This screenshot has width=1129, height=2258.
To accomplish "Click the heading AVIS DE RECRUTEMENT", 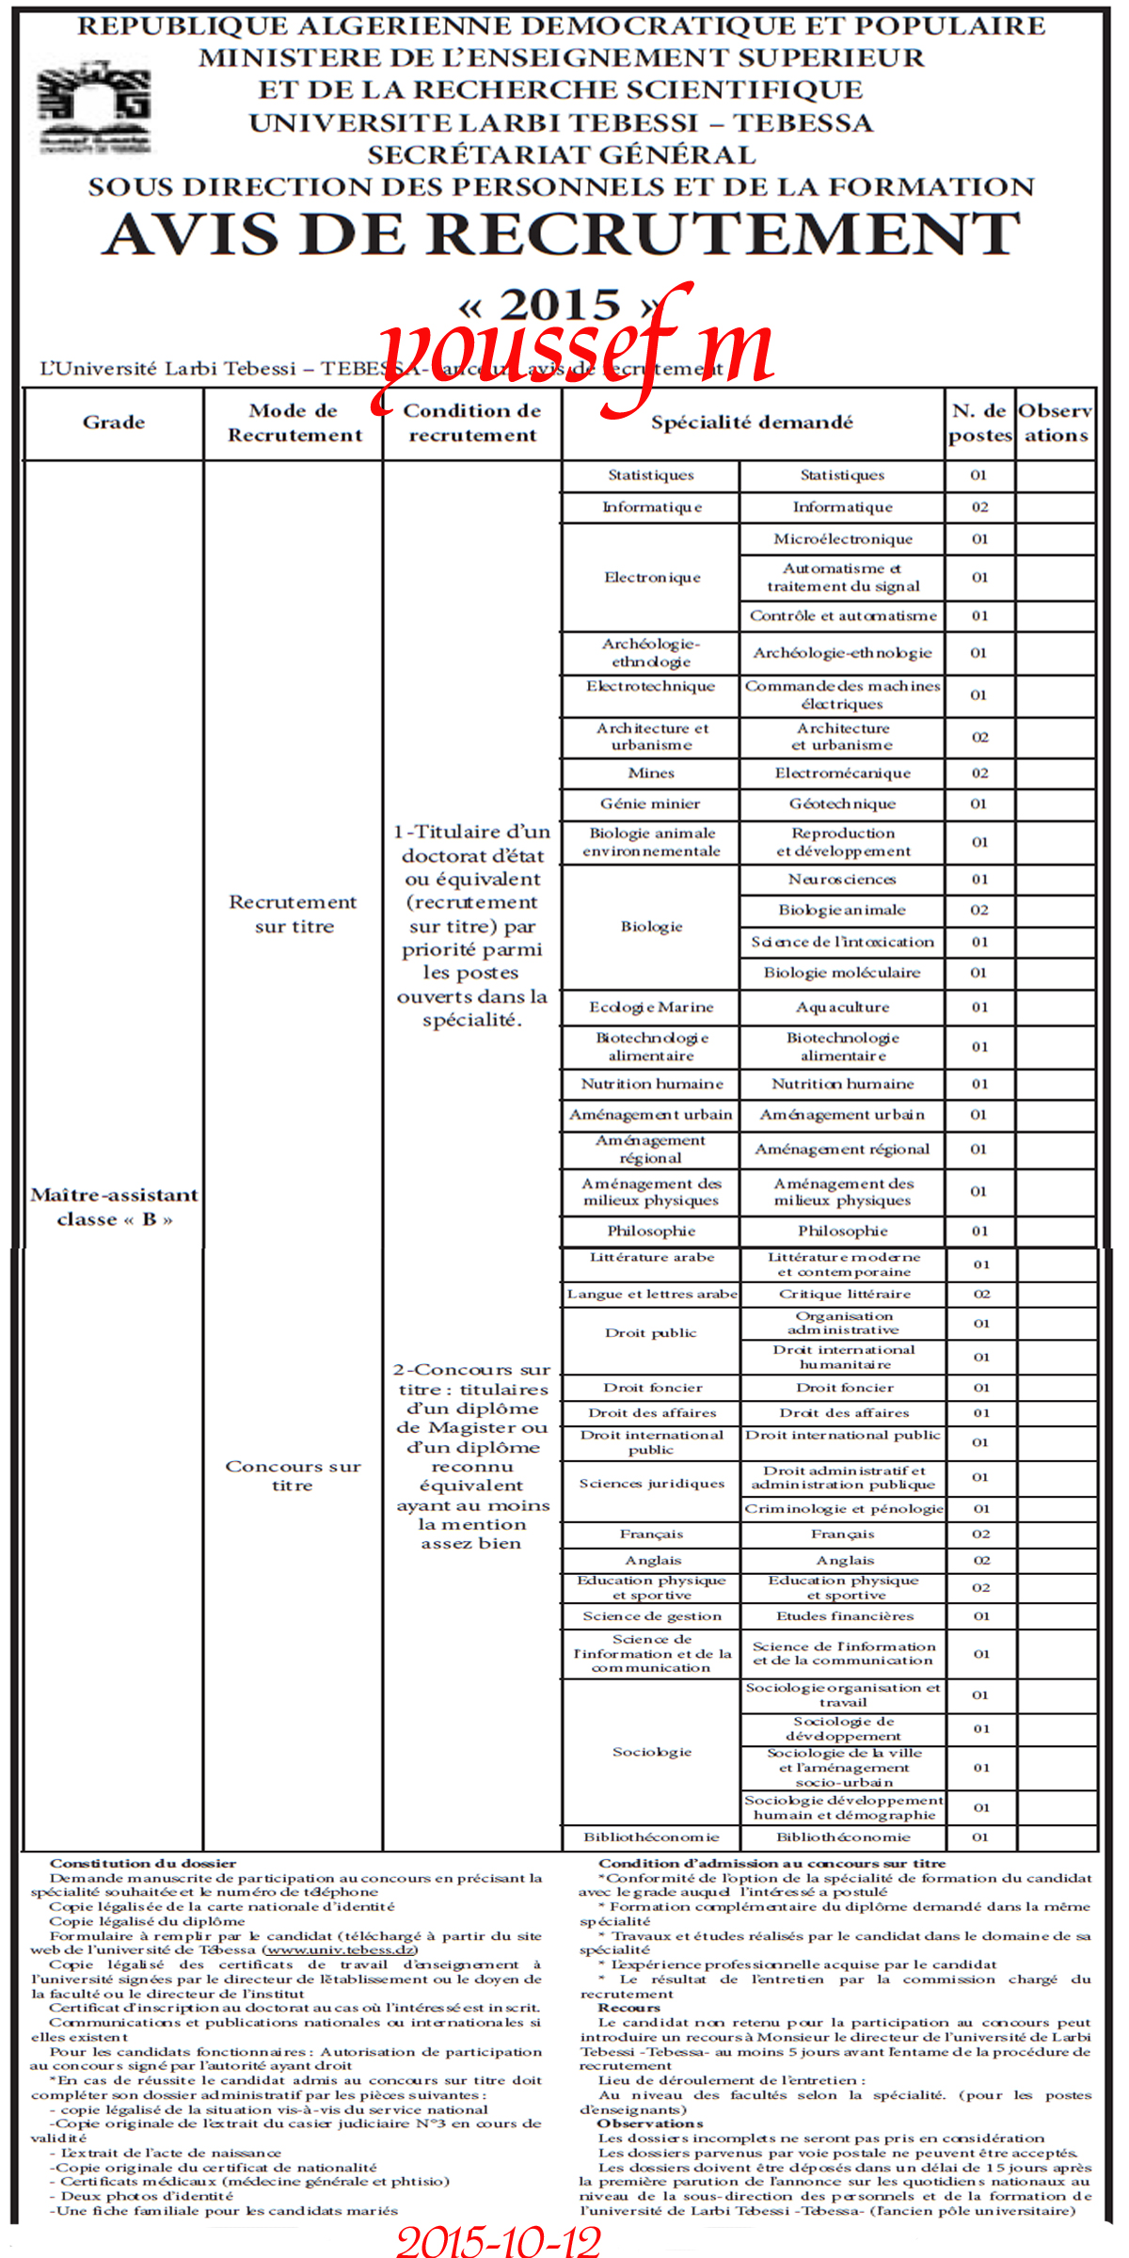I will [562, 235].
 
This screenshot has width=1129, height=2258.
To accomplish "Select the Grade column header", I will [114, 422].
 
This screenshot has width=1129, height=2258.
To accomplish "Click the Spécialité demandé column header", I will [752, 422].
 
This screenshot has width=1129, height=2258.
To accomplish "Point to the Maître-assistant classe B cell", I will [114, 1206].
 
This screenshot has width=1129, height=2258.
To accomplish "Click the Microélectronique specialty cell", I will [843, 539].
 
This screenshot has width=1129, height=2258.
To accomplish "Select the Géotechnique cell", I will [843, 803].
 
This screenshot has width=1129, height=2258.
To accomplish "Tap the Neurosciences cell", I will [842, 879].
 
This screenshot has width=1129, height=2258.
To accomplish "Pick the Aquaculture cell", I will [842, 1007].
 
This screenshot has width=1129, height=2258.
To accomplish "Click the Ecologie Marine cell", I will [651, 1007].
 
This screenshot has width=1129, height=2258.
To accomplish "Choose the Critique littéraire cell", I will [844, 1294].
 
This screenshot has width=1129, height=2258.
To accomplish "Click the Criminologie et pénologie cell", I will [844, 1508].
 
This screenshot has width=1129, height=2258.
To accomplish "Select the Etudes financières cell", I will [844, 1615].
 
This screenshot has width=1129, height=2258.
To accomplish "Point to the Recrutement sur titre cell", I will [294, 914].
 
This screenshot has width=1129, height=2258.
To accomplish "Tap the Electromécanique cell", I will [843, 772].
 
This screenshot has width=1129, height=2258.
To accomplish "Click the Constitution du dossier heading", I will [143, 1863].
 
